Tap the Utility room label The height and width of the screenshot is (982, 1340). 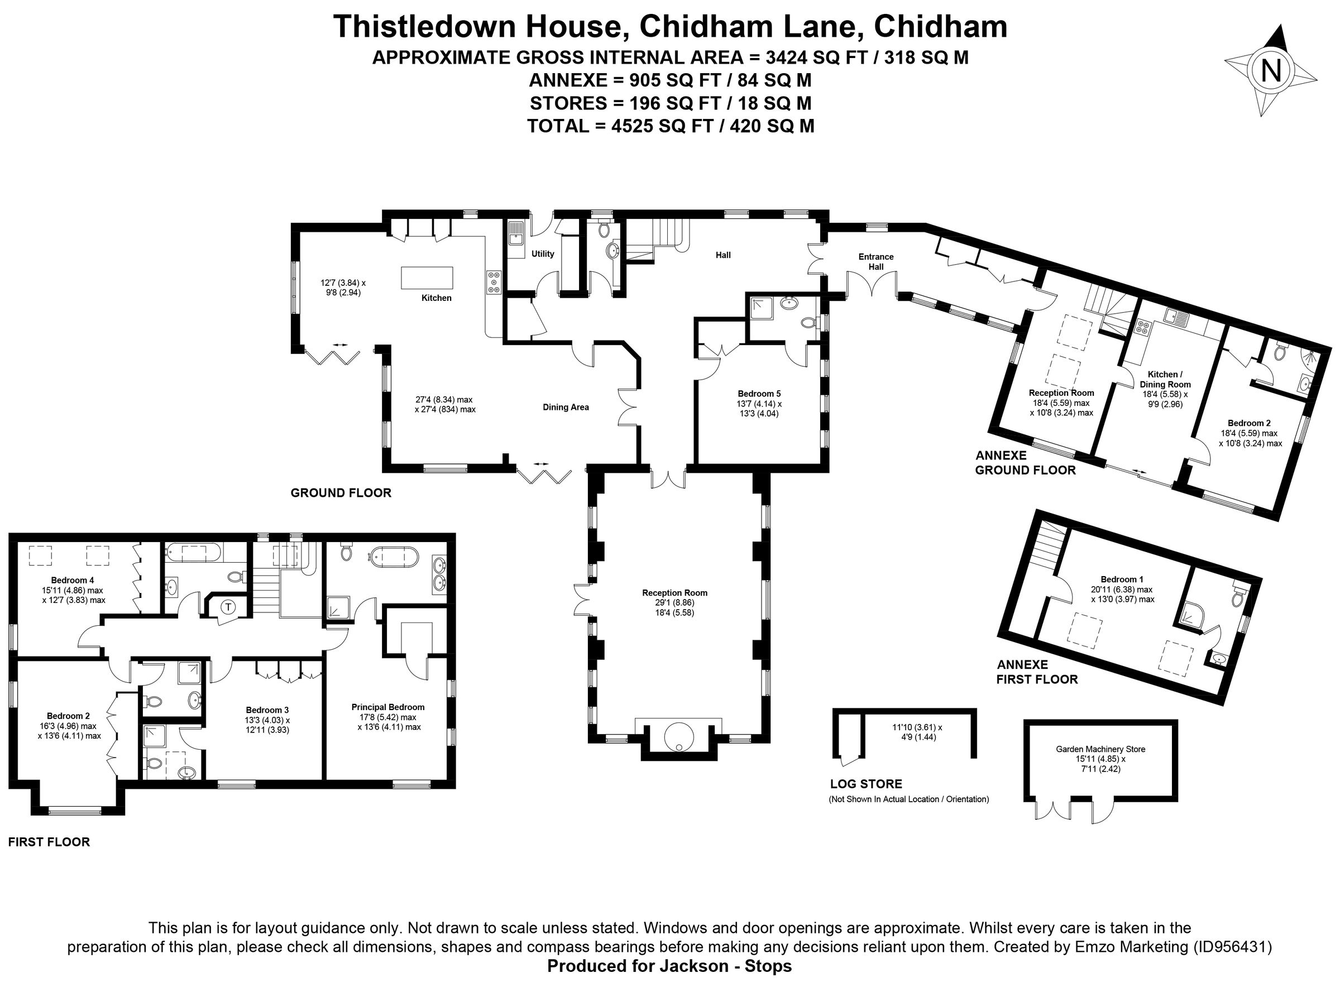coord(542,254)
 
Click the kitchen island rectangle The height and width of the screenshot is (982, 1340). coord(427,277)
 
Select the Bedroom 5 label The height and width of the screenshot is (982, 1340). coord(759,394)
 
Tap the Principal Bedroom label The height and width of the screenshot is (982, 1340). coord(387,707)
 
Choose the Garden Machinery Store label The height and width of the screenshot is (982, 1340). coord(1100,749)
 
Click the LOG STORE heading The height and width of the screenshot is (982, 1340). coord(866,784)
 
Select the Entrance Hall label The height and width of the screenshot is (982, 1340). coord(875,261)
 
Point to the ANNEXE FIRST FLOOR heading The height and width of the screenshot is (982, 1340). coord(1037,672)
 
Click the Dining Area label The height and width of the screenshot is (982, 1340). coord(566,407)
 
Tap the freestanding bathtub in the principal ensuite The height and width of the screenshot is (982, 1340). coord(395,558)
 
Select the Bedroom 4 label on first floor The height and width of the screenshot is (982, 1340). coord(72,580)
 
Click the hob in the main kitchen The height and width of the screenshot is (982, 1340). coord(494,282)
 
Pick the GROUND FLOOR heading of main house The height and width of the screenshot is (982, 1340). coord(341,493)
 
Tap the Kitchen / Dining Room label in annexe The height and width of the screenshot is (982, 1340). coord(1165,379)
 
